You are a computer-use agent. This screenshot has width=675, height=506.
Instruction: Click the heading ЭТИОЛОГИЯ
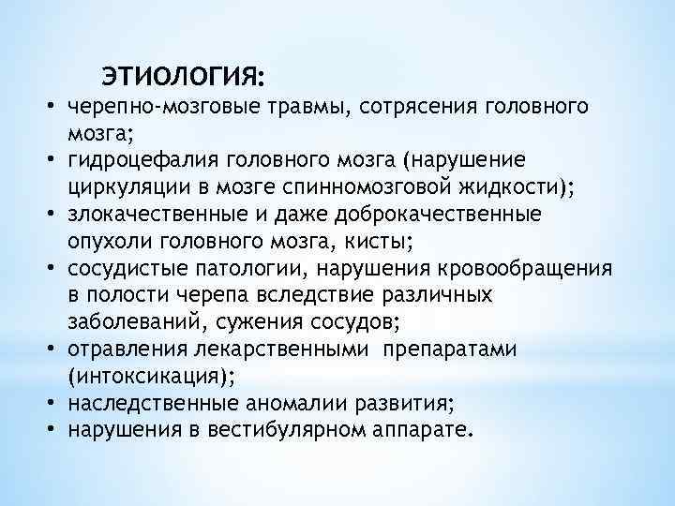click(x=184, y=73)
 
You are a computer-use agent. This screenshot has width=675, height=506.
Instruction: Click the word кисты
click(x=382, y=242)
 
